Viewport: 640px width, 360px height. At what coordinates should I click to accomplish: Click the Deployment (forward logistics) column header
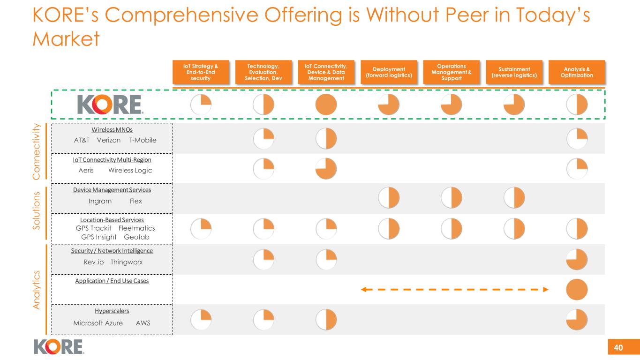pyautogui.click(x=388, y=73)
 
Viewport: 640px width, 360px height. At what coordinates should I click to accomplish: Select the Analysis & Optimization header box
pyautogui.click(x=577, y=73)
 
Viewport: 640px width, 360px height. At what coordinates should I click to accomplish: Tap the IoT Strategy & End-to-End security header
pyautogui.click(x=201, y=73)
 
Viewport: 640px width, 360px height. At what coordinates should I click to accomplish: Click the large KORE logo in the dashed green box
pyautogui.click(x=110, y=105)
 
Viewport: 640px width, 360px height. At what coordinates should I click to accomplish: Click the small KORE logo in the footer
pyautogui.click(x=59, y=346)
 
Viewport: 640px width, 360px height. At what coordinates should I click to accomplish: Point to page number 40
pyautogui.click(x=618, y=347)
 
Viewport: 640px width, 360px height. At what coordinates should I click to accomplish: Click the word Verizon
pyautogui.click(x=109, y=140)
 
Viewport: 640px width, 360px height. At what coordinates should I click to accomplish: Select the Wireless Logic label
pyautogui.click(x=130, y=170)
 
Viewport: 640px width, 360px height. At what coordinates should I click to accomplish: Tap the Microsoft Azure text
pyautogui.click(x=98, y=323)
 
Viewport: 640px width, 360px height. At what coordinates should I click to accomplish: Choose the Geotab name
pyautogui.click(x=136, y=237)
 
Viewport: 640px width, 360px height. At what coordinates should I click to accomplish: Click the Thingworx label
pyautogui.click(x=127, y=262)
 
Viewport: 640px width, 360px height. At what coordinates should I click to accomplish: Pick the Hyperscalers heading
pyautogui.click(x=112, y=311)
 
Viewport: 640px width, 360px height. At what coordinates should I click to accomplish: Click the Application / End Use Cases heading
pyautogui.click(x=112, y=281)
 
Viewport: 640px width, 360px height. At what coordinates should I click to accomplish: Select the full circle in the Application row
pyautogui.click(x=577, y=290)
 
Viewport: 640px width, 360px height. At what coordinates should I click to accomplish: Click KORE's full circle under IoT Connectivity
pyautogui.click(x=326, y=105)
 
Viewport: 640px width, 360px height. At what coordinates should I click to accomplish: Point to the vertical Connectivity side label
pyautogui.click(x=39, y=151)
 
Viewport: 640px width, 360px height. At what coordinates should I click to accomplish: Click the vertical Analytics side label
pyautogui.click(x=39, y=289)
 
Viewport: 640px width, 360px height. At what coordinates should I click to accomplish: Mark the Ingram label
pyautogui.click(x=100, y=201)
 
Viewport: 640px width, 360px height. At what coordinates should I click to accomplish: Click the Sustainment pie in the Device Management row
pyautogui.click(x=514, y=198)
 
